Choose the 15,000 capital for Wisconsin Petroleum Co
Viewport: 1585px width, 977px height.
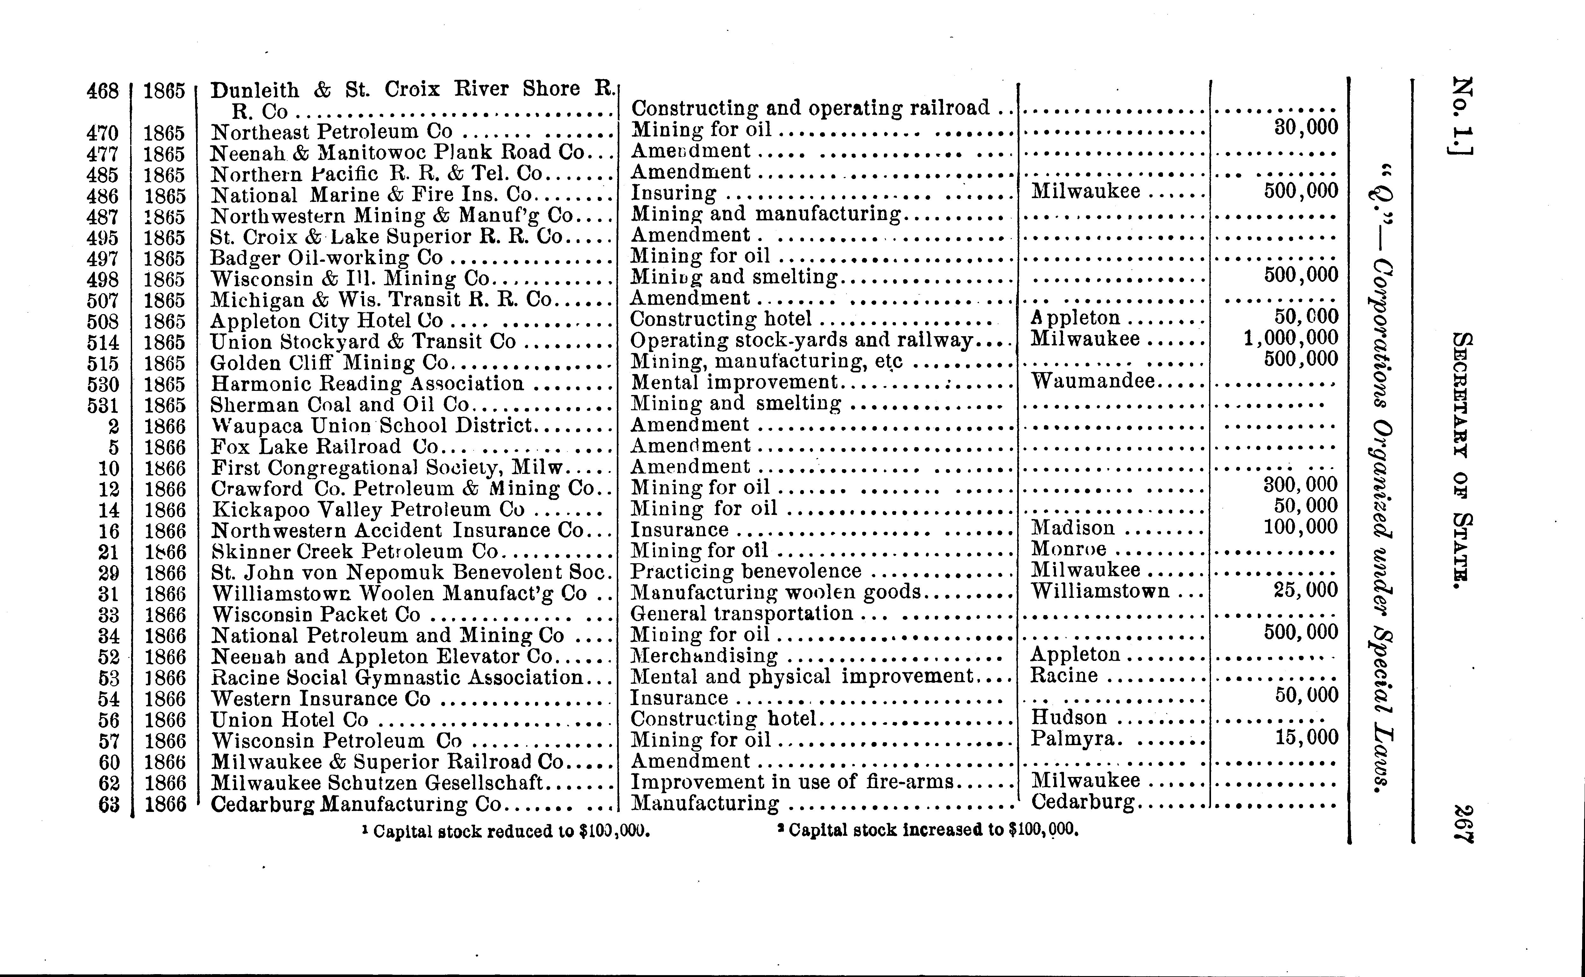[1306, 737]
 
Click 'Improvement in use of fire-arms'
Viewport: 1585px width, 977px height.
[792, 782]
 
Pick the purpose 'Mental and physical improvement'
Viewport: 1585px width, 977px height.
[802, 676]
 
